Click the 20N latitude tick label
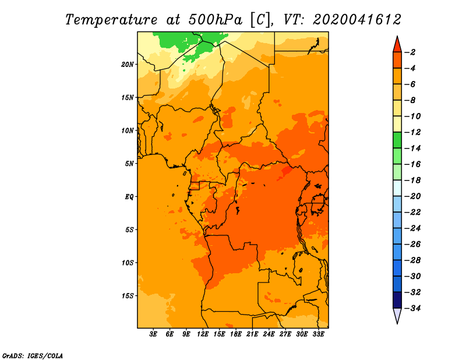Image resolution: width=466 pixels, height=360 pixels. (x=127, y=65)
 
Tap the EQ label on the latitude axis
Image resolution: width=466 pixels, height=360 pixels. (x=129, y=197)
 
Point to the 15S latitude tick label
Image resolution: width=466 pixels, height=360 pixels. (x=128, y=296)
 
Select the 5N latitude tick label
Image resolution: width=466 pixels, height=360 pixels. (x=129, y=164)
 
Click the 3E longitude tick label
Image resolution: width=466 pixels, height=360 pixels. (x=153, y=334)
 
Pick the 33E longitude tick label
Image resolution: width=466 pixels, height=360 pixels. (x=318, y=334)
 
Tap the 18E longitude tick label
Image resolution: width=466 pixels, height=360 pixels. (x=236, y=334)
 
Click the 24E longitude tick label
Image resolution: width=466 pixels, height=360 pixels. (x=269, y=334)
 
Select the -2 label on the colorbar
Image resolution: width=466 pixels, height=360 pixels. (x=410, y=52)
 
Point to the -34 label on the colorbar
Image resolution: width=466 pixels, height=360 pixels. (x=413, y=308)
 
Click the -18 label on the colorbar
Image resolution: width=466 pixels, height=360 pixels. (x=413, y=180)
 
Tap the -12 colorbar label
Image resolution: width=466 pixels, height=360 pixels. (x=413, y=132)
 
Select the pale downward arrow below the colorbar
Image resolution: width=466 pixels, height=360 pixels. (x=397, y=315)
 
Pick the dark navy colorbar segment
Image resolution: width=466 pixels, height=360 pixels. (x=397, y=300)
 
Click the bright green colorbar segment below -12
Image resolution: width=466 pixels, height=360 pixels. (x=397, y=140)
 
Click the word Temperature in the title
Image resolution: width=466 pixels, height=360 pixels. (x=111, y=20)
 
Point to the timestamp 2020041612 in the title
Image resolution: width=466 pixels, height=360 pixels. (x=357, y=20)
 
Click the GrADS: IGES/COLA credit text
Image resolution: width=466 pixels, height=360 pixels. (x=33, y=355)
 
